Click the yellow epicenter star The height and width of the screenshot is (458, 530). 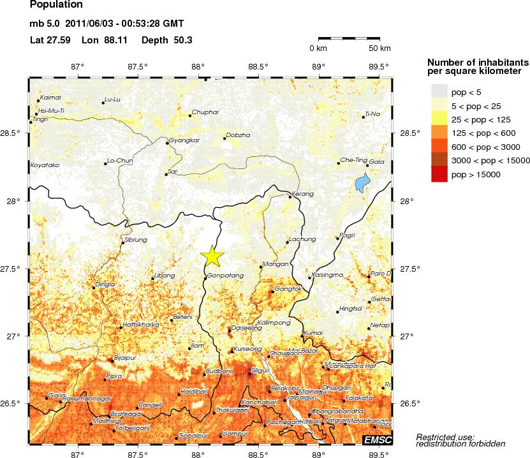[212, 255]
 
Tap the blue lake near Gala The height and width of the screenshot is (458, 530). [362, 184]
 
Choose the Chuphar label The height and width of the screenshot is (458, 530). [205, 112]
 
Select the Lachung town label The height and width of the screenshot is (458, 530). [302, 239]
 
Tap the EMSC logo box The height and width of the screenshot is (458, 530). [377, 440]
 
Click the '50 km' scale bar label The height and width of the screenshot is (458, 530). [379, 48]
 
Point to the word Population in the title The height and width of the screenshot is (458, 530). [56, 5]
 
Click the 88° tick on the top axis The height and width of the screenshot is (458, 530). [198, 66]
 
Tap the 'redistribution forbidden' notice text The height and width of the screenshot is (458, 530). [460, 443]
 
